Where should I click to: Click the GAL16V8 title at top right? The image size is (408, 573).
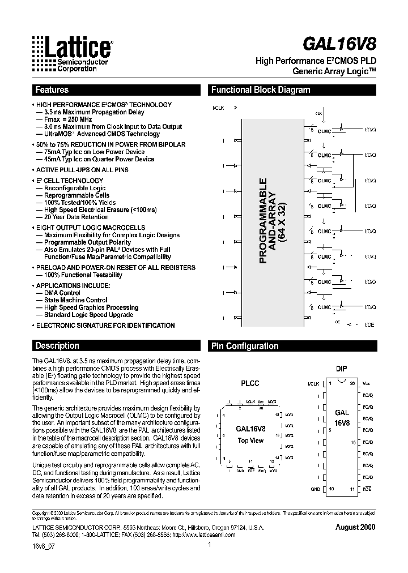coord(344,44)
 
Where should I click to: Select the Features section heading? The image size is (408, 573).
coord(52,90)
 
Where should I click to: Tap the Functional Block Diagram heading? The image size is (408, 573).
coord(260,90)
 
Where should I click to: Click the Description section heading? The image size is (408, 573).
coord(57,346)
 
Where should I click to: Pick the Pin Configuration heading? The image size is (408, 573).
coord(244,346)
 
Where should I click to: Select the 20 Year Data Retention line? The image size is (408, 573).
coord(72,217)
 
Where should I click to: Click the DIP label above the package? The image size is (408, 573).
coord(341,369)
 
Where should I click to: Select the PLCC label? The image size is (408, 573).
coord(250,383)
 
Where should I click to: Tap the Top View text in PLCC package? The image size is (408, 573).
coord(250,440)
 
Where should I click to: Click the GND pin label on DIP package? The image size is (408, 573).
coord(315,489)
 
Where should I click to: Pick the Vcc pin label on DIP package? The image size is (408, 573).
coord(366,383)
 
